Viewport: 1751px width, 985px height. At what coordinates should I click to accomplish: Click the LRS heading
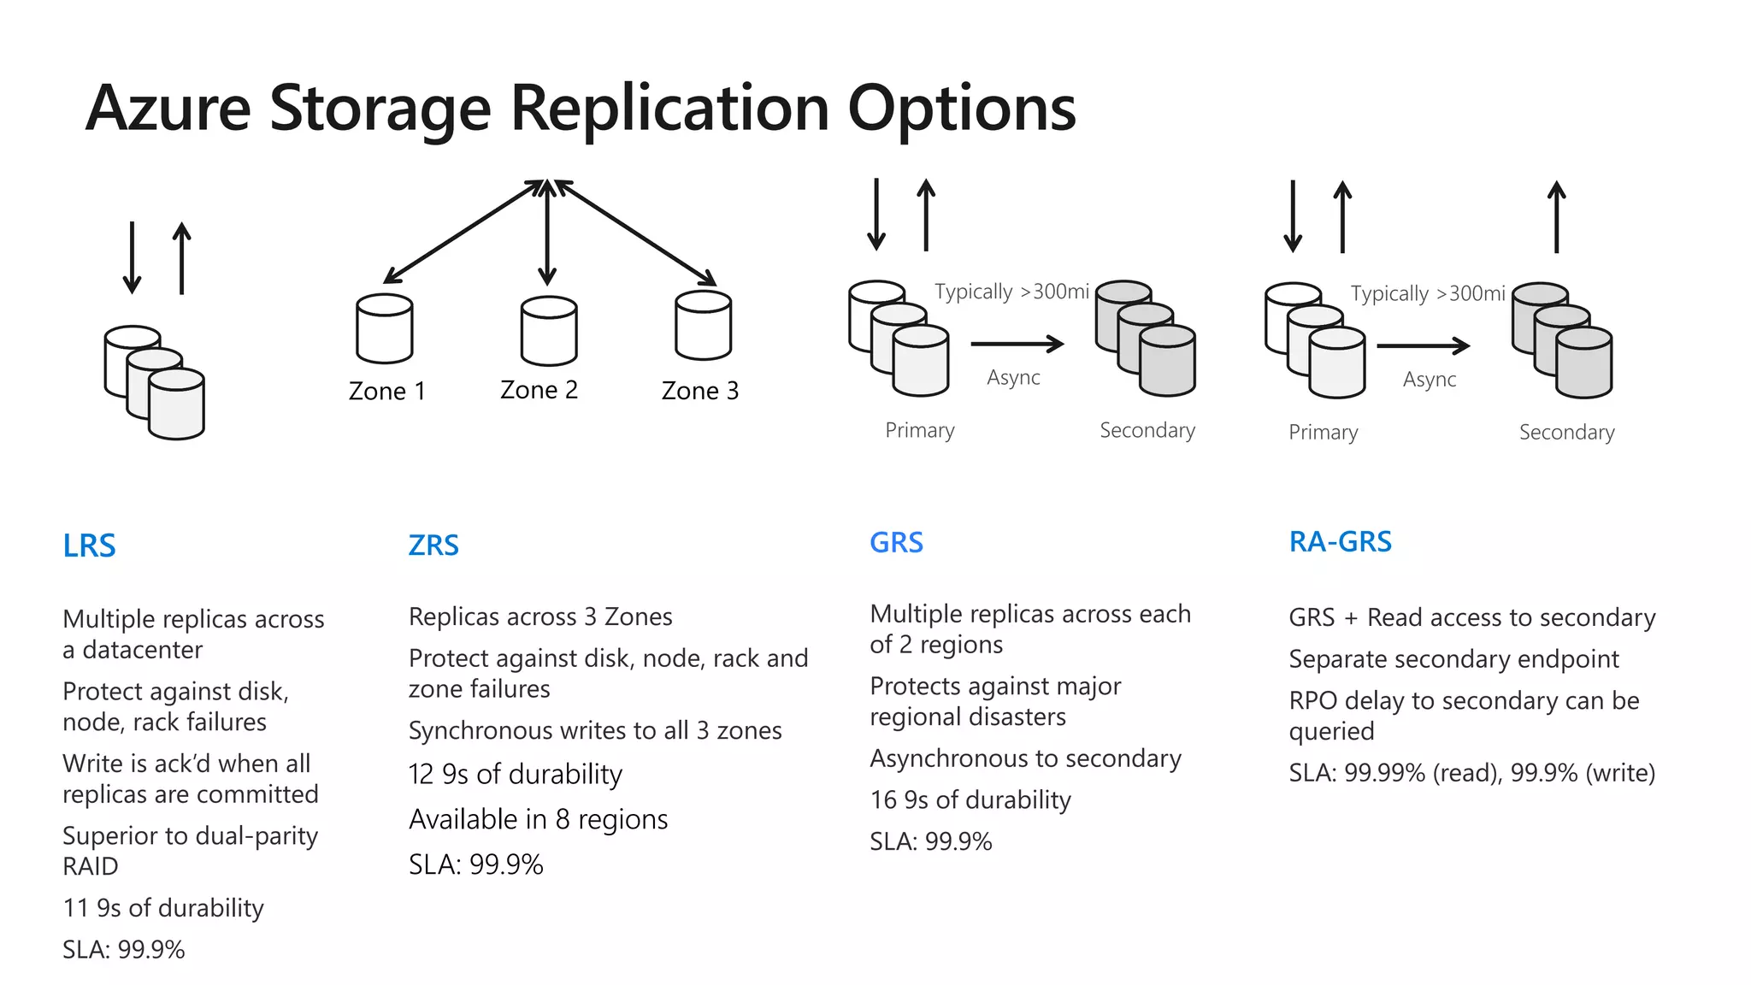(x=89, y=546)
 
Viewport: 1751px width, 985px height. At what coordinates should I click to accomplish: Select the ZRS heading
(x=433, y=545)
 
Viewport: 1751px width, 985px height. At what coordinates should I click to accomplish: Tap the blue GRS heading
(x=896, y=542)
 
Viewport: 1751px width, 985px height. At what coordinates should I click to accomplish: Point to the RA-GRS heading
(x=1340, y=541)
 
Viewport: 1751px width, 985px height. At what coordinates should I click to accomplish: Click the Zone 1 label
(x=386, y=391)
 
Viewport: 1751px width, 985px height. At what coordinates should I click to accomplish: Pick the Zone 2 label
(x=539, y=390)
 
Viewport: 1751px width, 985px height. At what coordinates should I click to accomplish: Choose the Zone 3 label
(x=699, y=391)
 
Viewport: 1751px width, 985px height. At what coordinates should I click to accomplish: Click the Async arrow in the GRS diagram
(x=1017, y=345)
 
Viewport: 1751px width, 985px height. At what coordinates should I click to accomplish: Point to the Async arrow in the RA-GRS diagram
(x=1423, y=346)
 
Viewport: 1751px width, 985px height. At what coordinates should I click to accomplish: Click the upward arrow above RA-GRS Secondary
(x=1557, y=217)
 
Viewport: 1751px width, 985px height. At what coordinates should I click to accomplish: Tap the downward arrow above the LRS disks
(x=132, y=257)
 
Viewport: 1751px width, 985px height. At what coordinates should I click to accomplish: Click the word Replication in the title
(x=669, y=109)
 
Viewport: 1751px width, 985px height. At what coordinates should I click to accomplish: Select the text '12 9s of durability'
(x=516, y=774)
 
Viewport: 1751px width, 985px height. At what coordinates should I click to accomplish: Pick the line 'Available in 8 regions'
(x=538, y=819)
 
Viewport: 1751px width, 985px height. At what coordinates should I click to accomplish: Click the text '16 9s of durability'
(x=970, y=799)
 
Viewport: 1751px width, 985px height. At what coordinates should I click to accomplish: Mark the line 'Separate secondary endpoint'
(x=1453, y=659)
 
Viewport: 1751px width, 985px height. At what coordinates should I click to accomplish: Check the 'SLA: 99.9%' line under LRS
(x=124, y=949)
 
